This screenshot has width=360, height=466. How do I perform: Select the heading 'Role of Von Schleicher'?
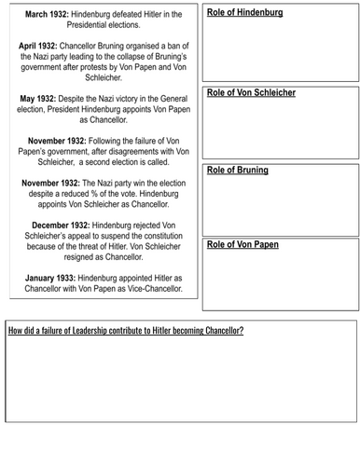pyautogui.click(x=249, y=94)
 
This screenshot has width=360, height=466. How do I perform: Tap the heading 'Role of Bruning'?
pyautogui.click(x=237, y=171)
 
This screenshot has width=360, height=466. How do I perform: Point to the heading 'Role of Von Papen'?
pyautogui.click(x=242, y=244)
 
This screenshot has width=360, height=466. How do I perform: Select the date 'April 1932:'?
pyautogui.click(x=46, y=44)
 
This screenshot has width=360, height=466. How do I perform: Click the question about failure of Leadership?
pyautogui.click(x=126, y=331)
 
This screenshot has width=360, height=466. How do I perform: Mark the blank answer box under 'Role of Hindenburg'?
pyautogui.click(x=280, y=51)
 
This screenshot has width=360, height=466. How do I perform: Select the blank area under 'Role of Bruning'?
pyautogui.click(x=280, y=205)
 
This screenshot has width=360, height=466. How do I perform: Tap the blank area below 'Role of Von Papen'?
pyautogui.click(x=280, y=280)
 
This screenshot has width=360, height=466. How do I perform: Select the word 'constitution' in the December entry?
pyautogui.click(x=150, y=238)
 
